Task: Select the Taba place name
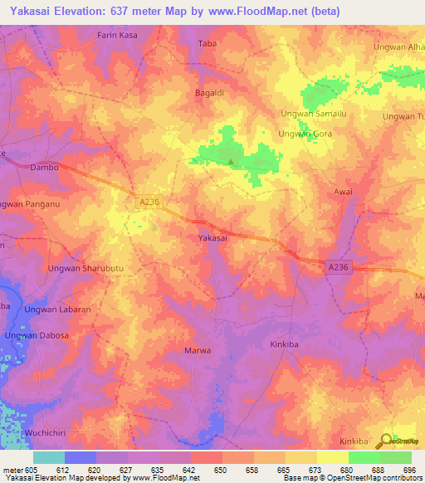(207, 42)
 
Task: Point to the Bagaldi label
(210, 92)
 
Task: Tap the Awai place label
(343, 192)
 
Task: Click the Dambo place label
(44, 167)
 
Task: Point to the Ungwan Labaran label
(57, 310)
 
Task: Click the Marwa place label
(198, 350)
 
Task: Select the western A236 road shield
(149, 201)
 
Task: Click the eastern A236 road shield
(336, 266)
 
